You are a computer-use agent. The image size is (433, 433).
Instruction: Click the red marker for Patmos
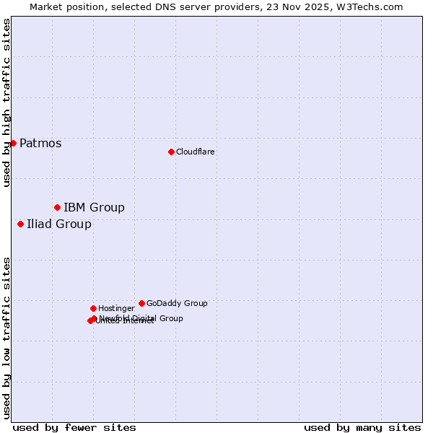[13, 143]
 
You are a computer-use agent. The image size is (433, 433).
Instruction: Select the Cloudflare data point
[171, 152]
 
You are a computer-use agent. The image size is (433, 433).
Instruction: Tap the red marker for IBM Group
[57, 208]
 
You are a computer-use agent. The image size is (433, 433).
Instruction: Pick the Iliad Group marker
[20, 224]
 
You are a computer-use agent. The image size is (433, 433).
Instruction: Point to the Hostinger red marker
[93, 308]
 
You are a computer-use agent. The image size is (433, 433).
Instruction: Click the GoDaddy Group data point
[141, 303]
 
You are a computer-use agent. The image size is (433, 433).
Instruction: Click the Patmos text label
[40, 143]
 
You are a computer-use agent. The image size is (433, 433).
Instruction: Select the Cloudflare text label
[195, 152]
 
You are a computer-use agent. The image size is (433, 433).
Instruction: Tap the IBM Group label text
[94, 208]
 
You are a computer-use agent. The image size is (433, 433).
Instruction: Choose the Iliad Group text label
[59, 224]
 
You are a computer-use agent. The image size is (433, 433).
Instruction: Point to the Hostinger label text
[116, 308]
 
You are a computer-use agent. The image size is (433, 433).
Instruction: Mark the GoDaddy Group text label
[177, 303]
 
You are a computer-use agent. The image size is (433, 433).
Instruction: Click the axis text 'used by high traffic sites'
[6, 102]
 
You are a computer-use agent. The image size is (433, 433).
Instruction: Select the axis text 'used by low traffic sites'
[6, 337]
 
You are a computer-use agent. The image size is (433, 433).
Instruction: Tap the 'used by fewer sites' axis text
[74, 427]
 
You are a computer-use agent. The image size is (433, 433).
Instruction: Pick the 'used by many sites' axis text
[362, 427]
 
